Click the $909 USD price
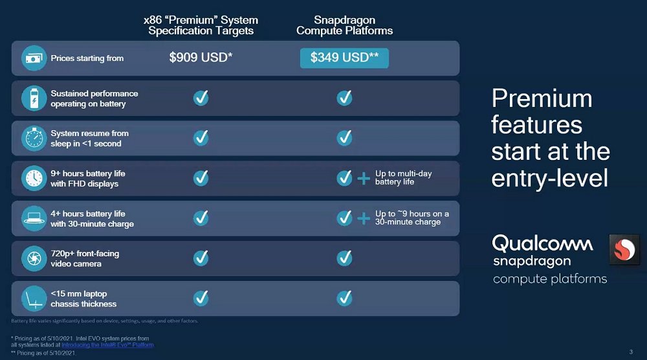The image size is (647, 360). (201, 58)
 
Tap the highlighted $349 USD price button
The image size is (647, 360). (344, 58)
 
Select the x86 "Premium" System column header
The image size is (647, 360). (201, 25)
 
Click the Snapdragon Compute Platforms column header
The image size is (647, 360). (345, 25)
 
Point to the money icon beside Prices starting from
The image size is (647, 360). (34, 58)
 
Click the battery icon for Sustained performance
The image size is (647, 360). (34, 98)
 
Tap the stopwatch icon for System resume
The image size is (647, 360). (34, 139)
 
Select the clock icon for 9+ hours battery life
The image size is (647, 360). (34, 178)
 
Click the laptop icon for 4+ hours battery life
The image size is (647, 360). (34, 218)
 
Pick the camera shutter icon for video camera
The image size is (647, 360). (34, 258)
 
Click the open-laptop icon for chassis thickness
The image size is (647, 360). (34, 298)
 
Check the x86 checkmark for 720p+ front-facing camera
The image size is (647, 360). (201, 258)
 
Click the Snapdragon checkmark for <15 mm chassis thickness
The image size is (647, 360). (345, 298)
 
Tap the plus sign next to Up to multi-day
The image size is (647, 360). (364, 179)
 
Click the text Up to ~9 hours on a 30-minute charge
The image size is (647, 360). (411, 218)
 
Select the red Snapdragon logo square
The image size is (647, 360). (624, 249)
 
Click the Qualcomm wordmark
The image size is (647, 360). (542, 243)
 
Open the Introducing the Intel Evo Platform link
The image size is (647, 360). (107, 345)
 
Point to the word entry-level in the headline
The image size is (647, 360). (549, 178)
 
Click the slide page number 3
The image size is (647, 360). (631, 352)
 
